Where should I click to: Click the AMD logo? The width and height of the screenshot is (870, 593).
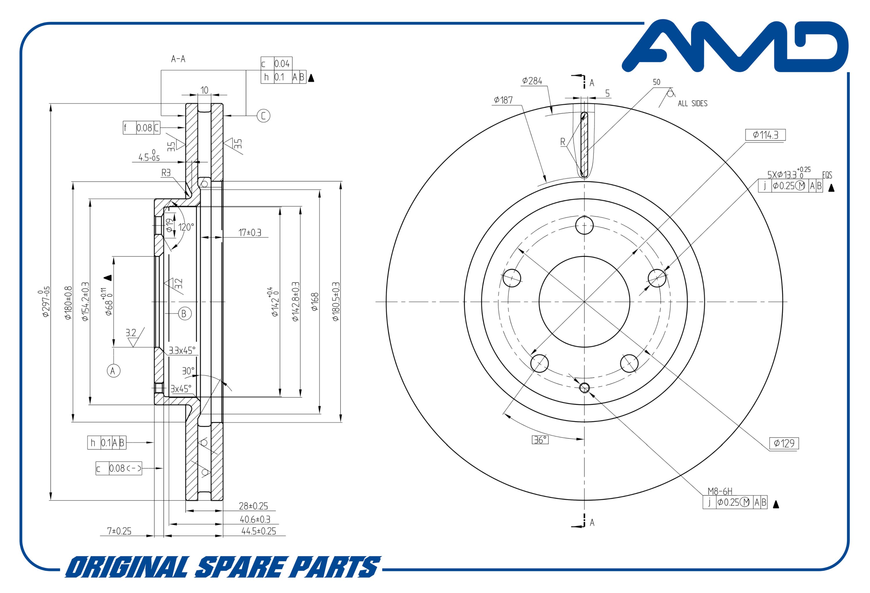pos(735,46)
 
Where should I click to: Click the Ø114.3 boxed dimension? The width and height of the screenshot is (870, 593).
pos(765,135)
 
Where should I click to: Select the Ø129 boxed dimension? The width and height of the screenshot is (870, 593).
pos(784,443)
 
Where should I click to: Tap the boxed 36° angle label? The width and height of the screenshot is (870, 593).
pos(540,440)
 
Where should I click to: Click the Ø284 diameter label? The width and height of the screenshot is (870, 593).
pos(532,81)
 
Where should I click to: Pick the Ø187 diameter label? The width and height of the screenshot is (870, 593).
pos(503,100)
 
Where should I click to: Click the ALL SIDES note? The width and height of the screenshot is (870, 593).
pos(693,103)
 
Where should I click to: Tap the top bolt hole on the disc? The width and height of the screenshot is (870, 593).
pos(584,225)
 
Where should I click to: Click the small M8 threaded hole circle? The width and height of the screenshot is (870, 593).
pos(584,388)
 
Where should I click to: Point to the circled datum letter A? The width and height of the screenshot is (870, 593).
pos(113,370)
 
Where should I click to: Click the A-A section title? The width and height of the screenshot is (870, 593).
pos(178,59)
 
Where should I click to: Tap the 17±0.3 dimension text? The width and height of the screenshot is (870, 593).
pos(250,233)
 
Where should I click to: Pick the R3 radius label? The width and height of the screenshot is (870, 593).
pos(166,173)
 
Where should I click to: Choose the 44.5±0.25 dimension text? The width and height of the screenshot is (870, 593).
pos(259,531)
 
